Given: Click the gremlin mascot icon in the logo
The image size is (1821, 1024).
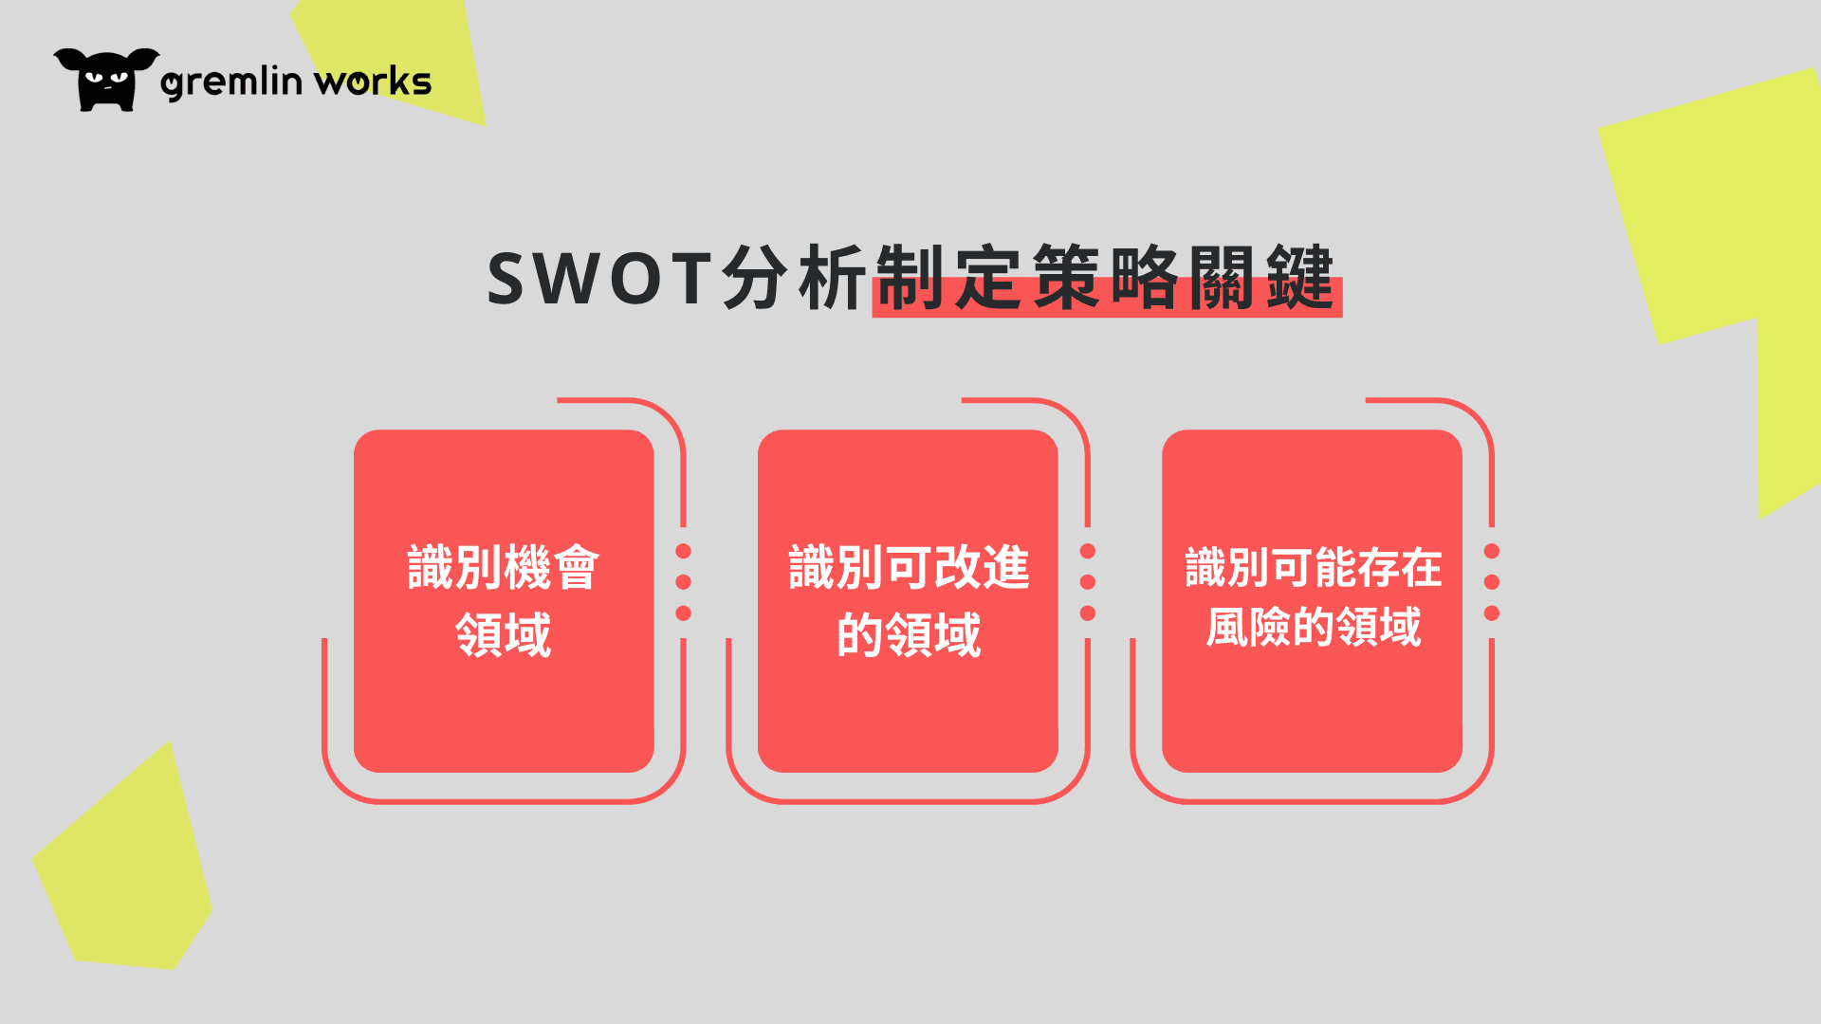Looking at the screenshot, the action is tap(106, 80).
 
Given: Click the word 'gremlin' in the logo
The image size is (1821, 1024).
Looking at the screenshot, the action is tap(231, 82).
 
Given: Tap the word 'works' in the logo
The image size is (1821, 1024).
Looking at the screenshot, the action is tap(373, 82).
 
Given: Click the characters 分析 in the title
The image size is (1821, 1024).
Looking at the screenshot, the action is tap(794, 278).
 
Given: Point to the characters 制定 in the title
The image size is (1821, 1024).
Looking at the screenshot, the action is tap(948, 278).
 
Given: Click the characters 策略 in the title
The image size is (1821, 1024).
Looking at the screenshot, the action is tap(1105, 278).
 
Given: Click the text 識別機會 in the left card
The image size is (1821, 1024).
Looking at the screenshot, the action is tap(504, 568).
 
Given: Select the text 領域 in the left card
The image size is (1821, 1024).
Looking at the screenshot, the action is tap(504, 634).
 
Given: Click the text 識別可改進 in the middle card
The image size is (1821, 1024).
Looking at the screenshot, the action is tap(909, 568).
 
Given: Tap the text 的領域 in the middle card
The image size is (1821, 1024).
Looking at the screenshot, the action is tap(909, 634).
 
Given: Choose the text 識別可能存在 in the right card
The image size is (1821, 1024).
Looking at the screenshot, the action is tap(1314, 568).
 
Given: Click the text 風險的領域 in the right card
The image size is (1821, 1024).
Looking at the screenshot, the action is tap(1314, 627).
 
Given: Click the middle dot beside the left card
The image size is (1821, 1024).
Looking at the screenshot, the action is tap(683, 582).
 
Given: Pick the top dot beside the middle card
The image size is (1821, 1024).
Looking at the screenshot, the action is tap(1088, 551).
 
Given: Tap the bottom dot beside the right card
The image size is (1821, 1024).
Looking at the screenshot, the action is tap(1492, 613).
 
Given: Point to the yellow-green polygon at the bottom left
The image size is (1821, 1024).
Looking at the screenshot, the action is tap(123, 863).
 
